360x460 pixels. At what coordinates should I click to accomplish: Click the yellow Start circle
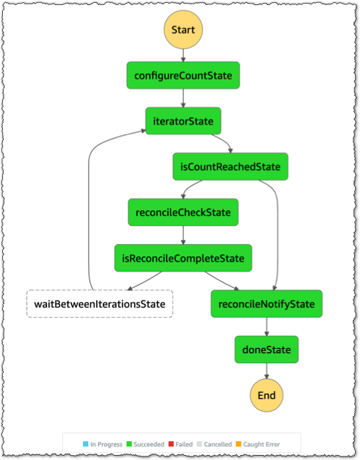[183, 30]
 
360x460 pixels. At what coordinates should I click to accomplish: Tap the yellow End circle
[266, 395]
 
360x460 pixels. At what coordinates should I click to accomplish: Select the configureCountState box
[183, 75]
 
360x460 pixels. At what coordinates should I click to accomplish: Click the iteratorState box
[183, 121]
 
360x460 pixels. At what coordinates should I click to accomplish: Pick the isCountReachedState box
[230, 167]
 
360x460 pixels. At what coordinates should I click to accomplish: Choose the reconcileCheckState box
[183, 212]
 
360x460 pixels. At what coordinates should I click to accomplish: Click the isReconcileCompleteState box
[183, 259]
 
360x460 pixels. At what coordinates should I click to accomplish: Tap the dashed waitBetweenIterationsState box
[100, 304]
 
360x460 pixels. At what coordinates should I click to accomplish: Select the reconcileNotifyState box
[266, 304]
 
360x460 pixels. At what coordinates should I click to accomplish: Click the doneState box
[266, 350]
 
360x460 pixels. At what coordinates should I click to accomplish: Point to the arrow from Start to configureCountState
[183, 56]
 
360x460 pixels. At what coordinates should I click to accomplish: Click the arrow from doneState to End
[266, 371]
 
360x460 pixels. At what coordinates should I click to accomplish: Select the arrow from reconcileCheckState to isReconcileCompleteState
[183, 235]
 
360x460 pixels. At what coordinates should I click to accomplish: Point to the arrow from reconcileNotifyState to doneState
[266, 326]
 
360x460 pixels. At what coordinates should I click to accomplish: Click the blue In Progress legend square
[86, 444]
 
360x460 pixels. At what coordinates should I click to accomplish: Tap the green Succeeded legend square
[129, 444]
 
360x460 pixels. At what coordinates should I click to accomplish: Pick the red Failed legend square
[171, 444]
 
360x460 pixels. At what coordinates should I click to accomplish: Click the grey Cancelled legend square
[199, 444]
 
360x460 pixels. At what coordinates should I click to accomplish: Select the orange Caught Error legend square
[239, 444]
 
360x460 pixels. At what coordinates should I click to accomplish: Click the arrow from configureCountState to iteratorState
[183, 98]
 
